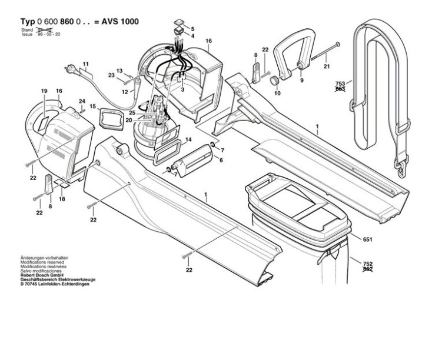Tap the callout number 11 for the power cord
tap(85, 64)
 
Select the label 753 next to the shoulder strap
tap(340, 84)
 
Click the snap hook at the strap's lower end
tap(402, 169)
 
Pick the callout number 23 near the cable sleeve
tap(111, 75)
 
